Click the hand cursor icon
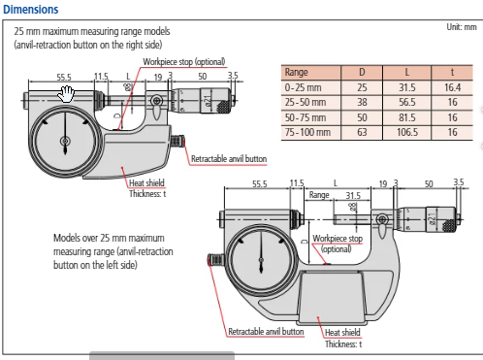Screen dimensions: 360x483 click(x=66, y=93)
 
